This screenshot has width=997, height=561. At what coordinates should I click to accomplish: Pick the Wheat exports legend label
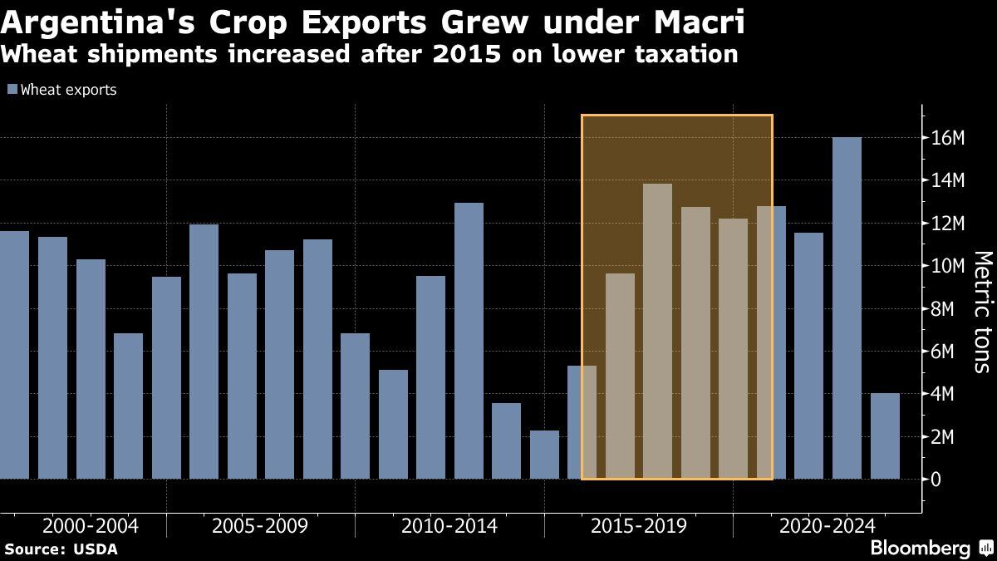pos(68,90)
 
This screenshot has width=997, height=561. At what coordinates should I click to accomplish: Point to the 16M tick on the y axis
pos(947,138)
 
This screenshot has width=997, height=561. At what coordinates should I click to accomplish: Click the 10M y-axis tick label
pos(947,266)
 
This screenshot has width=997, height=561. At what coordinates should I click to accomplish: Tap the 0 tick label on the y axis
pos(938,480)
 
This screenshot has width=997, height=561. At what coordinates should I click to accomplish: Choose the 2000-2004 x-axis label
pos(90,526)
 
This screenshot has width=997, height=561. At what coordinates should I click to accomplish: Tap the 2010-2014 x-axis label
pos(449,526)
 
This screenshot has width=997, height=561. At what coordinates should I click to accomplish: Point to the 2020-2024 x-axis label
pos(827,526)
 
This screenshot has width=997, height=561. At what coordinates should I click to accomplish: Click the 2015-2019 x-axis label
pos(638,526)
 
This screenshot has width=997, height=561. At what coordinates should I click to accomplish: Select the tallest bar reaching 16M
pos(847,308)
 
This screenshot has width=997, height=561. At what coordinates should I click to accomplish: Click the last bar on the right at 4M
pos(885,436)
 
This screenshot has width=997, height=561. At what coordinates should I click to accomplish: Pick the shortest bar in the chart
pos(544,455)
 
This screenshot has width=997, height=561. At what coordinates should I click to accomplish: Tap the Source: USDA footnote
pos(61,549)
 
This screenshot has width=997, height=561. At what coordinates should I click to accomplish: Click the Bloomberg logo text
pos(920,549)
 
